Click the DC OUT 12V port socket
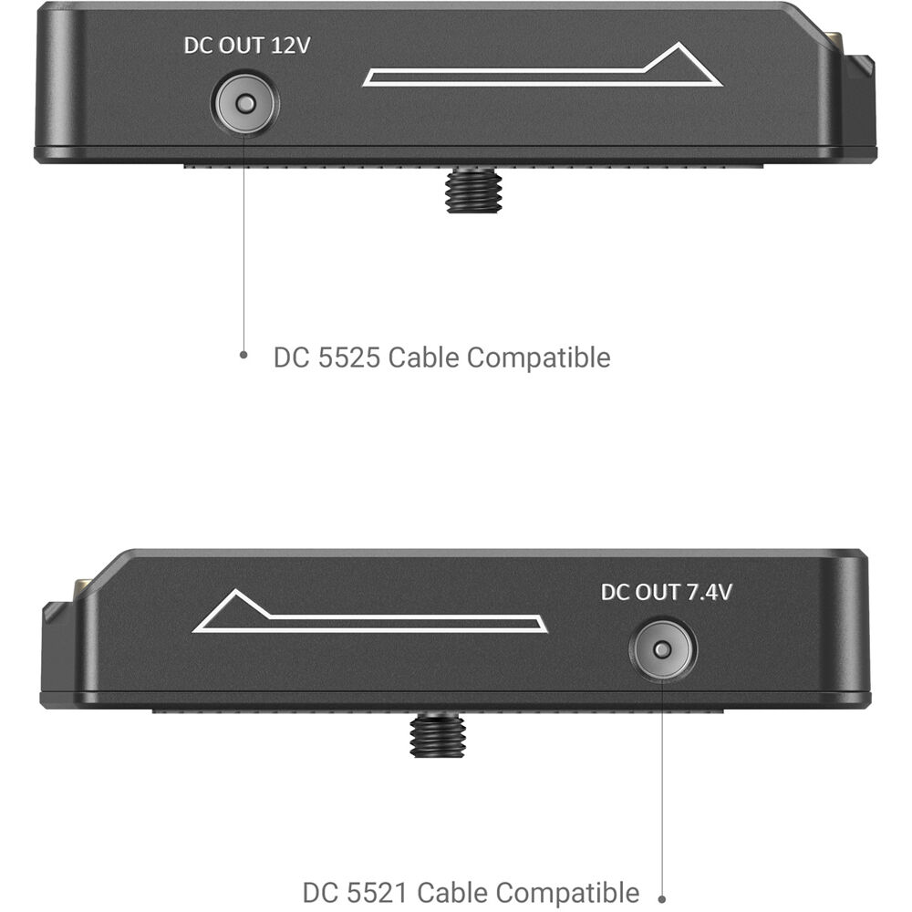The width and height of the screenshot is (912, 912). [x=245, y=104]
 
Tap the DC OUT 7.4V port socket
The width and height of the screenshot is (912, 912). [x=662, y=649]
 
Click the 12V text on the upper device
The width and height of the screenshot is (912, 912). [x=290, y=46]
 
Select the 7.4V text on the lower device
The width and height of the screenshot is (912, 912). [x=709, y=592]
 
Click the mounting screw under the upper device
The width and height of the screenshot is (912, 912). [x=473, y=191]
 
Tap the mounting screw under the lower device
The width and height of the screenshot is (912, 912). [x=438, y=734]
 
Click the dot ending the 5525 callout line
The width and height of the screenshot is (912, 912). [x=244, y=354]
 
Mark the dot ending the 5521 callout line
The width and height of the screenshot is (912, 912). [x=661, y=899]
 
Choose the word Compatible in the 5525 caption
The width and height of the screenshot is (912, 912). [x=539, y=358]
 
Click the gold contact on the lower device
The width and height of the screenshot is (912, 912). [x=81, y=588]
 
